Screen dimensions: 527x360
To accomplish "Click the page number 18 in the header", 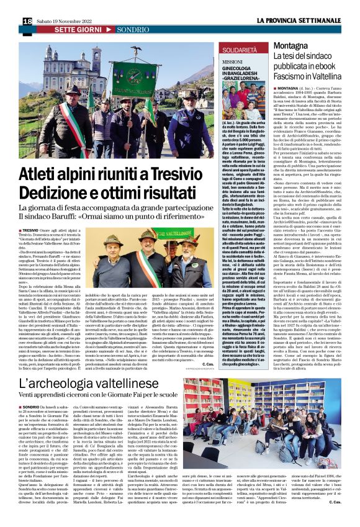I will tap(27, 20).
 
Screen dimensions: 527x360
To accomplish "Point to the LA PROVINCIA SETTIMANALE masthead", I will tap(299, 20).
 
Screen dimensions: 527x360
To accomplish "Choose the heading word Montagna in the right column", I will tap(290, 47).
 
